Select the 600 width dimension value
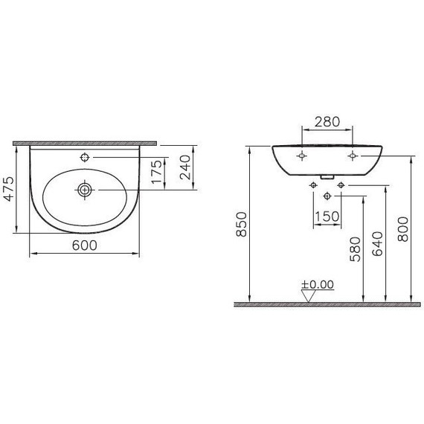click(85, 246)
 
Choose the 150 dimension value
click(327, 216)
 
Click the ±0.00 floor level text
click(318, 284)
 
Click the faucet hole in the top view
click(85, 157)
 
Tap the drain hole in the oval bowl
click(86, 190)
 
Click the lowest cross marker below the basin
click(328, 196)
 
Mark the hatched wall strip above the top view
click(85, 141)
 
